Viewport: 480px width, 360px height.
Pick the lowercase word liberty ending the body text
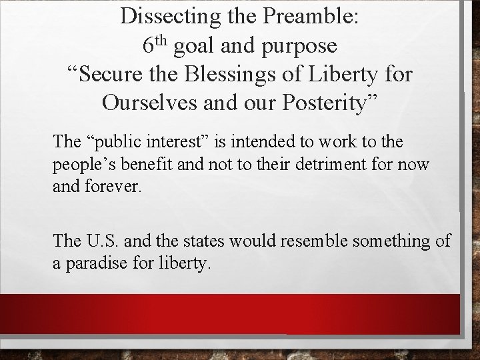coord(185,263)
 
